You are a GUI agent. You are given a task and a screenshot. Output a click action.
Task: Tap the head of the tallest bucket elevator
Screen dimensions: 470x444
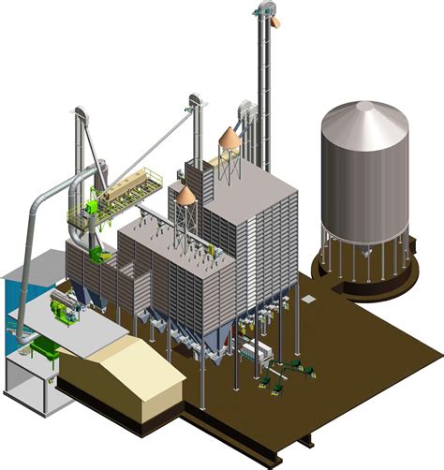(262, 12)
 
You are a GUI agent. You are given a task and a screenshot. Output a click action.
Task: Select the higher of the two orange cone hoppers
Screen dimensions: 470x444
(229, 138)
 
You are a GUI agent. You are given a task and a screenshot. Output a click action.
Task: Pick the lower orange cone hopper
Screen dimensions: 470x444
(186, 195)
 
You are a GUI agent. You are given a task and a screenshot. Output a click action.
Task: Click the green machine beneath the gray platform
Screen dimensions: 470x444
(42, 351)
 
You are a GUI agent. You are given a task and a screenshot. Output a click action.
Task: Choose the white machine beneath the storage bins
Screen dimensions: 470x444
(254, 355)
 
